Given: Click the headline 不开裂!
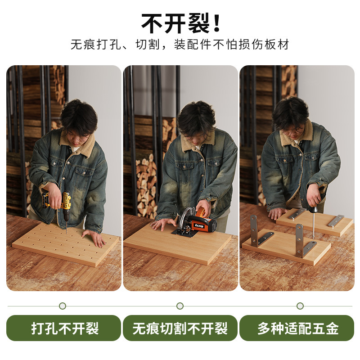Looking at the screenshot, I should point(180,22).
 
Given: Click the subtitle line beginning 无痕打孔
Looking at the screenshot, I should point(180,45).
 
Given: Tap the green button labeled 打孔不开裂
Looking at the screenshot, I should point(63,328).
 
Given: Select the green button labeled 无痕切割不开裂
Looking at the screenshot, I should point(180,328).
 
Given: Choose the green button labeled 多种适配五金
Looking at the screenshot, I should point(297,328).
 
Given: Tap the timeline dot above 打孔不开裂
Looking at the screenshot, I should point(63,306).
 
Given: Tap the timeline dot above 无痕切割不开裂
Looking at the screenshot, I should point(180,306).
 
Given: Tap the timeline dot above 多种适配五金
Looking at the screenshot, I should point(300,306).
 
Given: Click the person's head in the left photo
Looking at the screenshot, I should point(79,119).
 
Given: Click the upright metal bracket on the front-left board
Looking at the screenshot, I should point(254,229).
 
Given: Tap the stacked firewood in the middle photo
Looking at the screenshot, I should point(146,184).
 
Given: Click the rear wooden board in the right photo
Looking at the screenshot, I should point(315,223).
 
